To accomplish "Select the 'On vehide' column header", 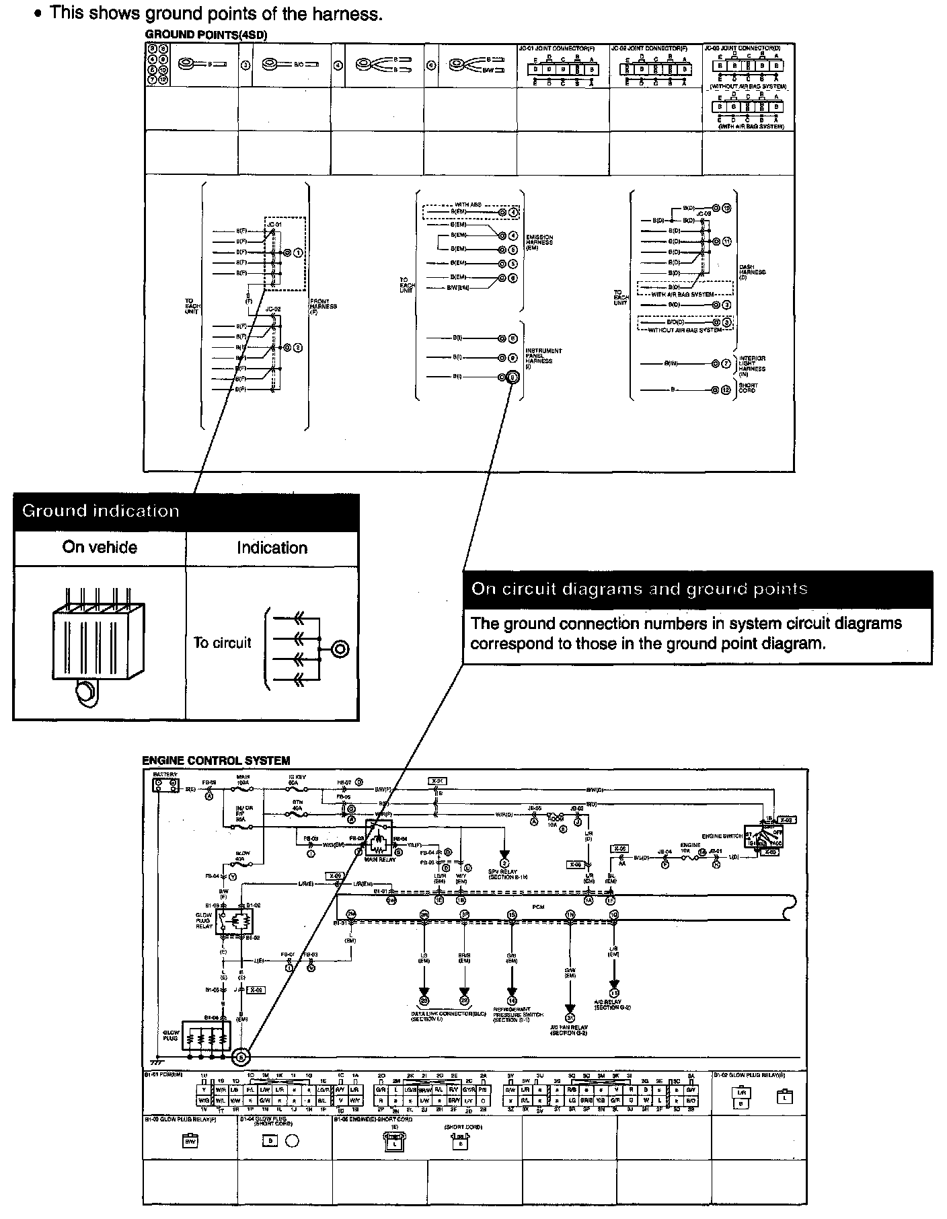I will click(x=100, y=548).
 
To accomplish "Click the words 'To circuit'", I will click(x=222, y=642).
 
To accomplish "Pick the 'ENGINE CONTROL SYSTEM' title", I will click(x=216, y=761).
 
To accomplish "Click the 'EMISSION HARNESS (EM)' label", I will click(x=539, y=242).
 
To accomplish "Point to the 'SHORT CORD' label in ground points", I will click(x=748, y=388).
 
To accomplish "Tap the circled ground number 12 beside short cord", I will click(x=726, y=390).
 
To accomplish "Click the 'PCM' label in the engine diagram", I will click(x=537, y=907).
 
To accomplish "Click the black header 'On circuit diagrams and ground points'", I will click(x=697, y=589).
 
